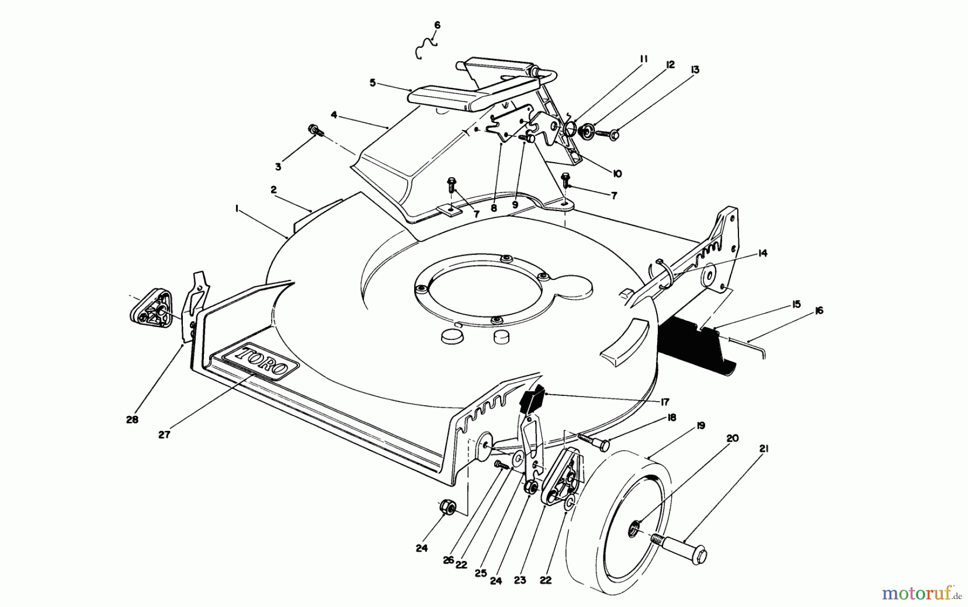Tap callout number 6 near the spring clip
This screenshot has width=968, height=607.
(x=437, y=25)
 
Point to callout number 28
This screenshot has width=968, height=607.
(x=132, y=420)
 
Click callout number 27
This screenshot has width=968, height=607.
(x=164, y=435)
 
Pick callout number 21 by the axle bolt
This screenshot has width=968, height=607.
(x=764, y=449)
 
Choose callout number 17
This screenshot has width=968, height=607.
(x=665, y=401)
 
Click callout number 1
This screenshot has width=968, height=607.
(x=237, y=211)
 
